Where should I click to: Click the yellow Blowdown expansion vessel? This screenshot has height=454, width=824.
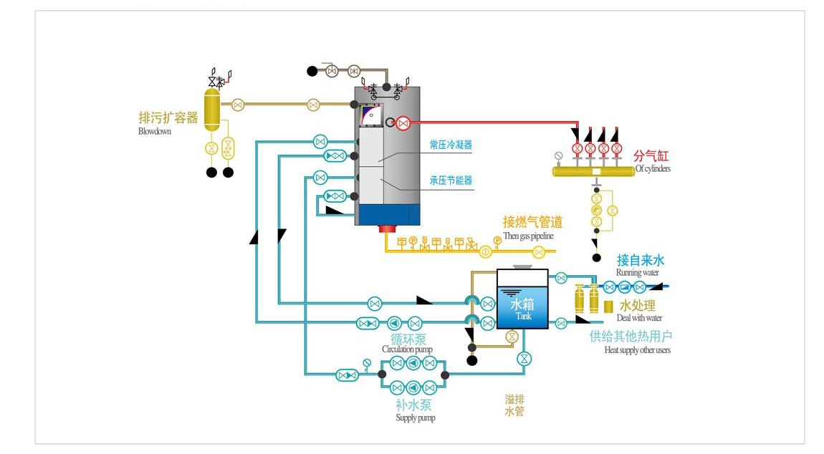(x=212, y=110)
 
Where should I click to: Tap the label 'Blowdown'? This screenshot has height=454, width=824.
(x=155, y=131)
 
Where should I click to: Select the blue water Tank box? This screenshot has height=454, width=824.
(x=522, y=299)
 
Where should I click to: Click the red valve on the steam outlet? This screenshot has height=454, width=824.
(x=403, y=123)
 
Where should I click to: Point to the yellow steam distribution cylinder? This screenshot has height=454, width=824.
(x=593, y=171)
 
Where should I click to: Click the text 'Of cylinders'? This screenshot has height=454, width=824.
(x=653, y=169)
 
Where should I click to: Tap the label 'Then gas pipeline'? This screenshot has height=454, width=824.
(x=528, y=236)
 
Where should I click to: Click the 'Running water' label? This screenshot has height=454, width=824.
(x=637, y=272)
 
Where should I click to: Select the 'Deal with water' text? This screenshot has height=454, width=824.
(x=639, y=318)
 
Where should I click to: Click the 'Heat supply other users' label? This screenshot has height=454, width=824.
(x=637, y=350)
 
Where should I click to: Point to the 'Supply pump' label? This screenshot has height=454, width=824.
(x=415, y=417)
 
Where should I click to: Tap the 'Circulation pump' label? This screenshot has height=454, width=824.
(x=407, y=349)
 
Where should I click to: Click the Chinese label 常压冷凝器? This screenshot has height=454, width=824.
(x=451, y=145)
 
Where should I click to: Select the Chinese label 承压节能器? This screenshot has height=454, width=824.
(x=451, y=180)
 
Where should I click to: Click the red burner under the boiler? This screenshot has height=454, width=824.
(x=388, y=228)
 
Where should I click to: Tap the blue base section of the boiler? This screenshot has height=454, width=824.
(x=388, y=215)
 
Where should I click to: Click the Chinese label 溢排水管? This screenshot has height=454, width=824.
(x=514, y=405)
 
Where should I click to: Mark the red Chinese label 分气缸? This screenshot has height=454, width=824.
(x=651, y=156)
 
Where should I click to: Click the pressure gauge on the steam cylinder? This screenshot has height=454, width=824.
(x=559, y=156)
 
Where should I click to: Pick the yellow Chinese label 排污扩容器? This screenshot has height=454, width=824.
(x=168, y=117)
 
